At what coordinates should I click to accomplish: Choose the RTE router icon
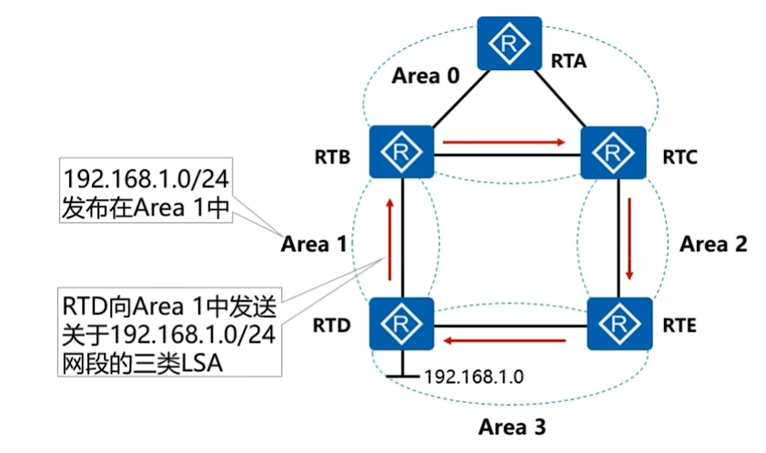click(x=619, y=322)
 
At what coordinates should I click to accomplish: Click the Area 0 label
click(x=426, y=76)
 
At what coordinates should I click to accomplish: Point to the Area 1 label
click(x=314, y=244)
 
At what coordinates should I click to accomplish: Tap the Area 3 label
click(x=514, y=425)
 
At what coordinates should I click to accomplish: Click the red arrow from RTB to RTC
click(x=504, y=142)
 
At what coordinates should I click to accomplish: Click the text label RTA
click(x=569, y=63)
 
